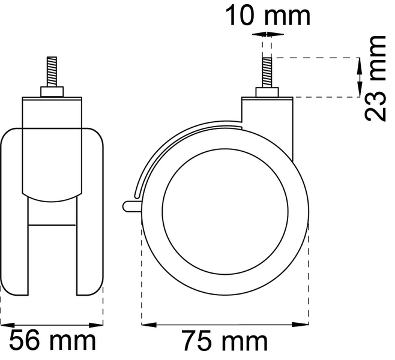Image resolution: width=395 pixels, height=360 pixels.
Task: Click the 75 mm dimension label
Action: pos(225,342)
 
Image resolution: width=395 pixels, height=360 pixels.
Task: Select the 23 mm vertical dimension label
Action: pos(376,78)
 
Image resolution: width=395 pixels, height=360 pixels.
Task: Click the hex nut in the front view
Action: pos(52,92)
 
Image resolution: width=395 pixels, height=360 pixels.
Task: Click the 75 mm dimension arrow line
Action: pos(225,325)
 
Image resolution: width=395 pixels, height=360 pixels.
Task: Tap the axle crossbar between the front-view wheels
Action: pos(52,224)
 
